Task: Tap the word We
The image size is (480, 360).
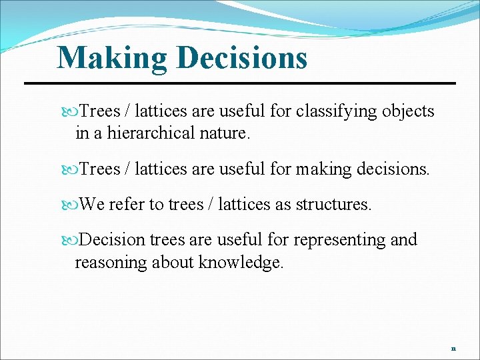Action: click(91, 204)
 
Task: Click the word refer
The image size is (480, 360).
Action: click(127, 204)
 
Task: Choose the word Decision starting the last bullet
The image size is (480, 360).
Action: click(113, 239)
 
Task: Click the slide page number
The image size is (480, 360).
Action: click(453, 348)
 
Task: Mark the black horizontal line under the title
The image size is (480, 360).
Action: click(240, 83)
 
